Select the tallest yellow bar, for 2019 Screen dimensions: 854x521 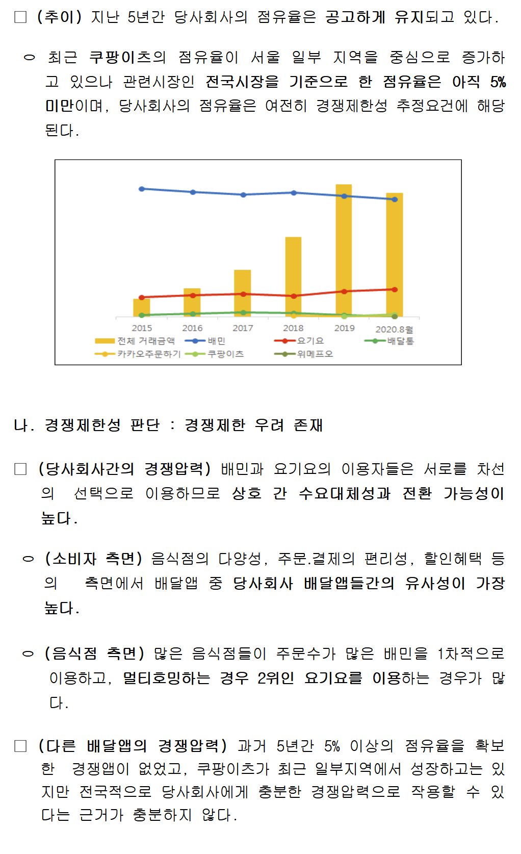(344, 250)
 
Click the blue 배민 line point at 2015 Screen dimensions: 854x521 (142, 189)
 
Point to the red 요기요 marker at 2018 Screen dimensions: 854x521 (294, 296)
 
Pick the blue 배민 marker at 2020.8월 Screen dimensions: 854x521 (395, 199)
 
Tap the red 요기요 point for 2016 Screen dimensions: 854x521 (192, 295)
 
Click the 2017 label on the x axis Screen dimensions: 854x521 (243, 328)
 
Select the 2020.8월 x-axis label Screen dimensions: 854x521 (394, 329)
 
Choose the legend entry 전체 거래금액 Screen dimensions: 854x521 (136, 341)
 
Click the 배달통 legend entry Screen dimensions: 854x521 (390, 341)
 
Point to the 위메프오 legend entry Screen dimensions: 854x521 (305, 354)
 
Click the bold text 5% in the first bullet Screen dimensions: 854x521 (498, 82)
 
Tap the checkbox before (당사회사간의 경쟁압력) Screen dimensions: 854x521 (20, 469)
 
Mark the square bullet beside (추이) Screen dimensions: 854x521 (20, 17)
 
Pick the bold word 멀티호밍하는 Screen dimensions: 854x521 (166, 678)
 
